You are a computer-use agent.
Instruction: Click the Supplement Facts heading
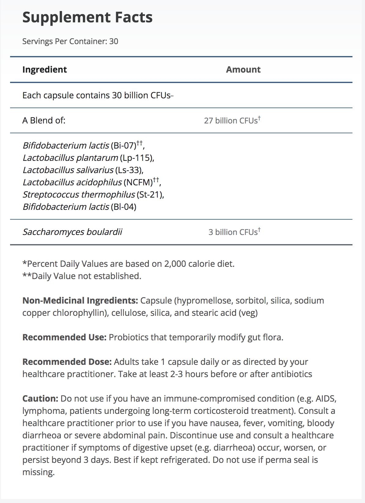pyautogui.click(x=87, y=17)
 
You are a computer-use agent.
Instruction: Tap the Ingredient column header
pyautogui.click(x=45, y=70)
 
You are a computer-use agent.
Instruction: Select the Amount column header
pyautogui.click(x=243, y=70)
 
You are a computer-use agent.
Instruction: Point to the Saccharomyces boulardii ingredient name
pyautogui.click(x=72, y=232)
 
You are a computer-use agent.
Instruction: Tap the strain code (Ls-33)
pyautogui.click(x=129, y=170)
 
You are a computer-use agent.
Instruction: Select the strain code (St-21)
pyautogui.click(x=150, y=195)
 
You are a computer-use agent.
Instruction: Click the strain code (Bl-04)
pyautogui.click(x=123, y=207)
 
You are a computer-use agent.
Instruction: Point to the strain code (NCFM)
pyautogui.click(x=138, y=183)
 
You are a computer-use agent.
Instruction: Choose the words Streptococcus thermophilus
pyautogui.click(x=79, y=195)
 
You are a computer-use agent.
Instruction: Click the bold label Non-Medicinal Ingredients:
pyautogui.click(x=80, y=301)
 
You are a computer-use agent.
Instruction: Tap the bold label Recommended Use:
pyautogui.click(x=64, y=337)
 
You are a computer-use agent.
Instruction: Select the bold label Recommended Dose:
pyautogui.click(x=67, y=362)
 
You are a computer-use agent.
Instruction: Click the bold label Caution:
pyautogui.click(x=40, y=399)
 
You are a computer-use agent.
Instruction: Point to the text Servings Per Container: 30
pyautogui.click(x=70, y=41)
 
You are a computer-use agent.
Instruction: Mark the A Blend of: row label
pyautogui.click(x=44, y=120)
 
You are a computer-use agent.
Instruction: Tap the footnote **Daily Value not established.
pyautogui.click(x=82, y=276)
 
